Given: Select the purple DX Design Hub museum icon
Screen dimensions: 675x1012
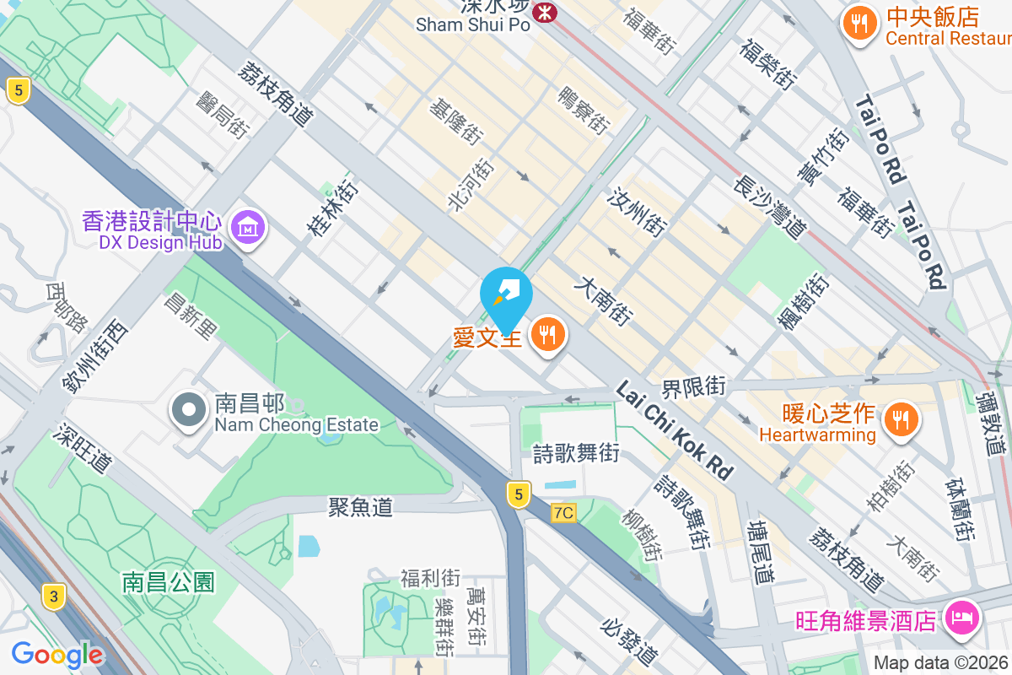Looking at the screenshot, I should pos(248,226).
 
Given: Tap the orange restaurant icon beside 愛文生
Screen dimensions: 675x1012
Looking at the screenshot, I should pos(549,335).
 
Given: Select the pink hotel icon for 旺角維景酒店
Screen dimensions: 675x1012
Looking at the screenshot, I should pos(961,618).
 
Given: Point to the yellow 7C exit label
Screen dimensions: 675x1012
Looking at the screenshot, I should pos(563,513).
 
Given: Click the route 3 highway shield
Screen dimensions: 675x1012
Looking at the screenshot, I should pos(54,597).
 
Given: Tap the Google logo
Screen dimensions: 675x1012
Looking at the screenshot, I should pos(57,654).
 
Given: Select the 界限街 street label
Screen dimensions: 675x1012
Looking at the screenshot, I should pos(693,387).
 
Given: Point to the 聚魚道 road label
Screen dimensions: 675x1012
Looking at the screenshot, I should pos(361,506).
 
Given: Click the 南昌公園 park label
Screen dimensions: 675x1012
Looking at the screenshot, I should pos(169,581).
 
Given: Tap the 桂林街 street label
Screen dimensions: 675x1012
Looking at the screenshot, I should pos(331,207).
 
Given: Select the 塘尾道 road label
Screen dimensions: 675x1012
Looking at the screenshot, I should pos(760,552).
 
